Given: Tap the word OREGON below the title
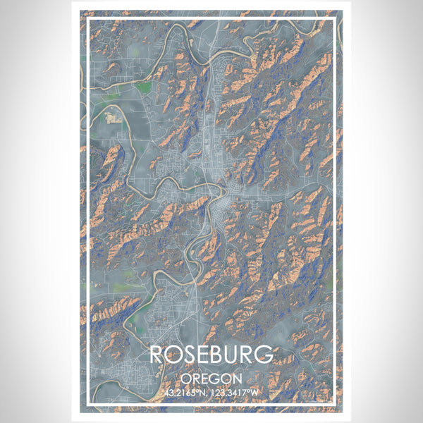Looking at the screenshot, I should [211, 378].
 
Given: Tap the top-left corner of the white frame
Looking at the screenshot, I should [88, 20].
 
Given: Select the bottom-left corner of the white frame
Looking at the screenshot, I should [88, 403].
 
